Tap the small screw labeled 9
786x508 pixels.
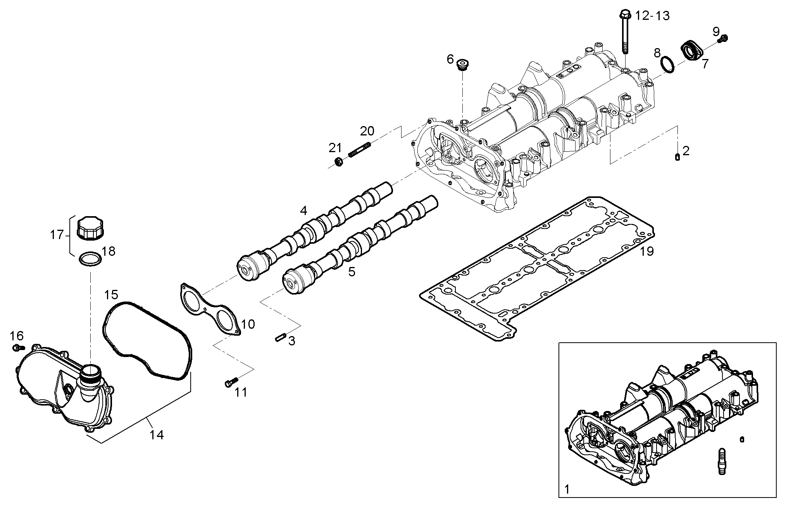tap(724, 39)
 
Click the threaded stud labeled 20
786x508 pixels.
tap(360, 150)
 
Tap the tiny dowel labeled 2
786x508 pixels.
tap(677, 157)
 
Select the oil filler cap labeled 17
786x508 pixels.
tap(91, 229)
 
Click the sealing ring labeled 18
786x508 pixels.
tap(90, 259)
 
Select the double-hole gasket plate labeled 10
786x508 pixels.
tap(210, 307)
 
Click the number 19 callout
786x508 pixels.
tap(647, 251)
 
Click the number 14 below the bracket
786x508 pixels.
tap(157, 435)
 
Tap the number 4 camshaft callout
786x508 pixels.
tap(303, 211)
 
